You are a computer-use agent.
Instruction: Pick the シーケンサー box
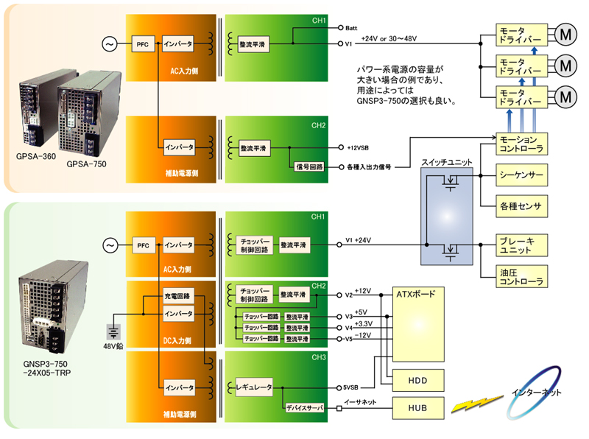point(521,177)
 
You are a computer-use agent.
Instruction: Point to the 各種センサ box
point(521,206)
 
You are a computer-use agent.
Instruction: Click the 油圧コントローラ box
point(521,276)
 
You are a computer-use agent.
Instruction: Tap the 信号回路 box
point(307,167)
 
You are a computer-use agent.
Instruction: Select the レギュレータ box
point(254,387)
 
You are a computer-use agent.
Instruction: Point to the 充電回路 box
point(177,296)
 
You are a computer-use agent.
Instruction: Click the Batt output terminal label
point(353,29)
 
